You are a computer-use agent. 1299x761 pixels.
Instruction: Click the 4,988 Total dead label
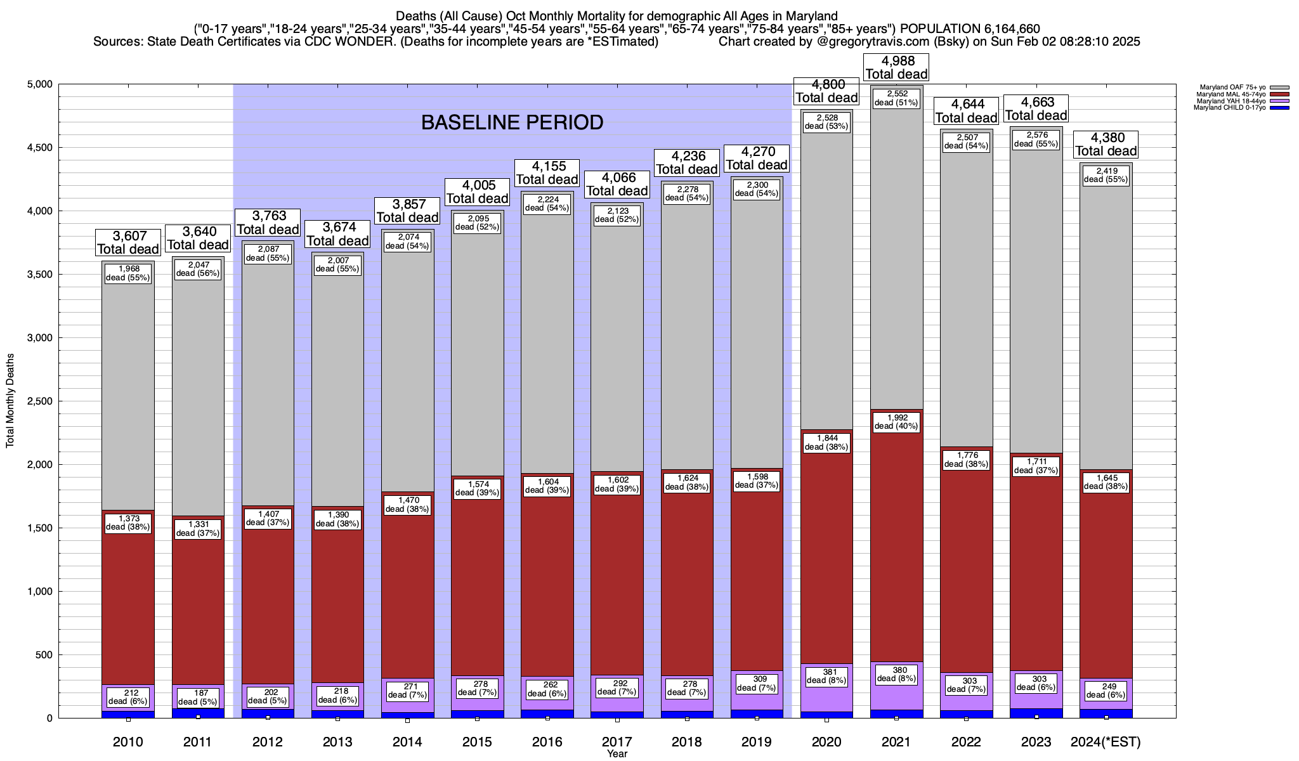point(896,67)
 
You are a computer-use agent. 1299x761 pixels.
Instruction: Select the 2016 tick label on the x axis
point(547,741)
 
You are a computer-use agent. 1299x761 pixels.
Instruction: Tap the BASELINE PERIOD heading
point(512,122)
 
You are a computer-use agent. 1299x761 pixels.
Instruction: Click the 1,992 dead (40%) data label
point(896,421)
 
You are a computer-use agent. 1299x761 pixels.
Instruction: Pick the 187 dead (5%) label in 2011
point(197,697)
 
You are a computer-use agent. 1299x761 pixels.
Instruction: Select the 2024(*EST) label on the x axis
point(1106,741)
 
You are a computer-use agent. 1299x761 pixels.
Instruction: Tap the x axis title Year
point(617,753)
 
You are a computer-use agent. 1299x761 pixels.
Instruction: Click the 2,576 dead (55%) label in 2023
point(1036,140)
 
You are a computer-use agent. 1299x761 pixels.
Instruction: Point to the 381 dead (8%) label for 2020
point(826,676)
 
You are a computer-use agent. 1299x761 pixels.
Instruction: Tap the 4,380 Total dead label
point(1106,145)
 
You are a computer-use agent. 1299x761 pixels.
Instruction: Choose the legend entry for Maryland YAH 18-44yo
point(1230,101)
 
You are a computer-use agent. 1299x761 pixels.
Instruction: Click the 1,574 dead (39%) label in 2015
point(477,488)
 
